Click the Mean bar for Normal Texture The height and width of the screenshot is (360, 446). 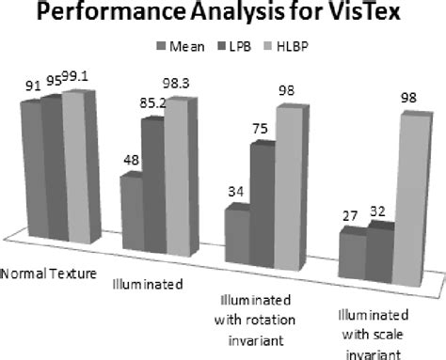[x=31, y=169]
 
